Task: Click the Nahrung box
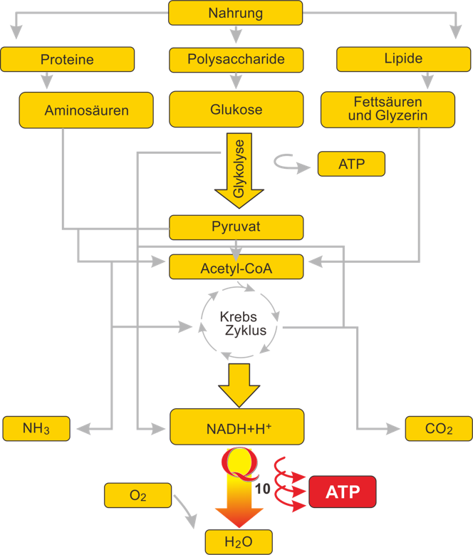pyautogui.click(x=235, y=13)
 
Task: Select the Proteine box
pyautogui.click(x=68, y=60)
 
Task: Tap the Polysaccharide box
pyautogui.click(x=236, y=59)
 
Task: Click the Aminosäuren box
pyautogui.click(x=86, y=110)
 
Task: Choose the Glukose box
pyautogui.click(x=236, y=110)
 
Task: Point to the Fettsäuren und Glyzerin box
pyautogui.click(x=388, y=108)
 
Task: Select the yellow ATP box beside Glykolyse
pyautogui.click(x=351, y=164)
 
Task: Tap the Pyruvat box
pyautogui.click(x=236, y=227)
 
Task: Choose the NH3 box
pyautogui.click(x=36, y=428)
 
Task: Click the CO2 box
pyautogui.click(x=439, y=428)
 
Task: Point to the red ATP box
pyautogui.click(x=342, y=492)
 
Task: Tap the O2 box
pyautogui.click(x=138, y=496)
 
